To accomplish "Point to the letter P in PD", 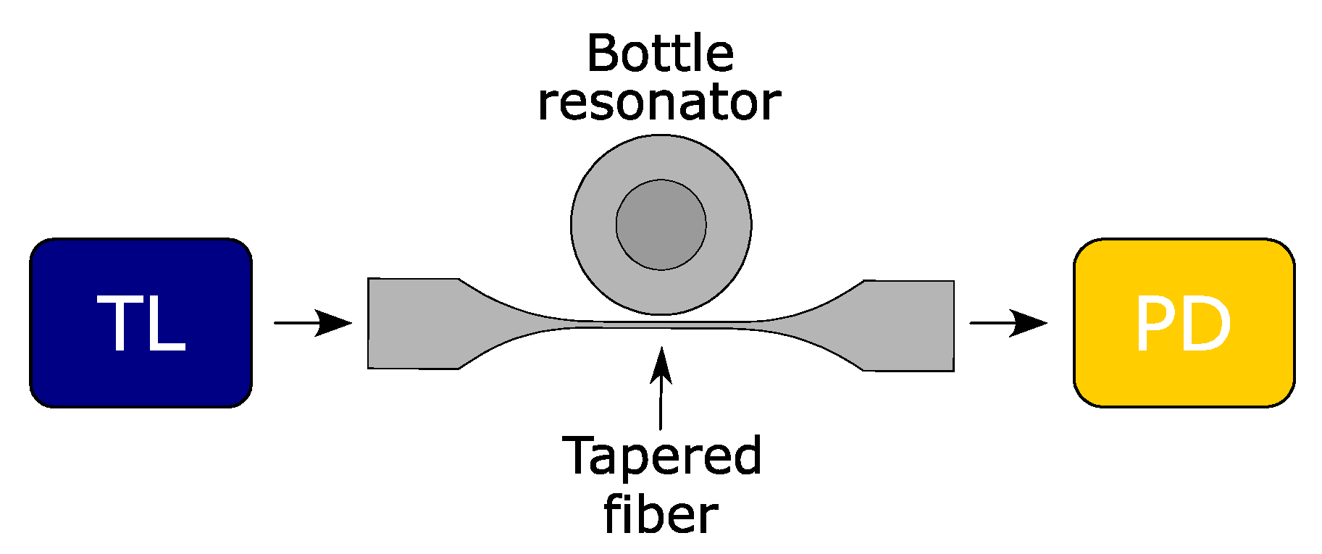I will point(1155,324).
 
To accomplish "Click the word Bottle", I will point(660,54).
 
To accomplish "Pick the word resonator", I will point(659,103).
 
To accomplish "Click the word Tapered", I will point(662,456).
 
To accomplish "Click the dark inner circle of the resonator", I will point(661,225).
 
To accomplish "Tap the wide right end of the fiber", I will point(909,325).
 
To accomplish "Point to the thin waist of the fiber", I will point(661,324).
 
